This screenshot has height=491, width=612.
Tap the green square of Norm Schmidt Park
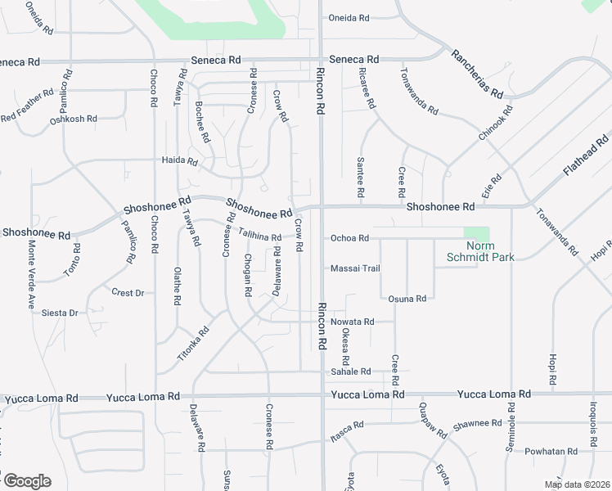476,233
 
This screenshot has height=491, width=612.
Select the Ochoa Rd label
350,238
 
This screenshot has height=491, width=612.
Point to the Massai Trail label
355,268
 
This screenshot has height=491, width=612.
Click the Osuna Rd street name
407,299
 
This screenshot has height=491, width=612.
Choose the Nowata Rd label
352,322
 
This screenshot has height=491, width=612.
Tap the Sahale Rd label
350,372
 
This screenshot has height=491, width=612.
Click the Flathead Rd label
587,156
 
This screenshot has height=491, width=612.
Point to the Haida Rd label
180,161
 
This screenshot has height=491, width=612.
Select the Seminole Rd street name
511,426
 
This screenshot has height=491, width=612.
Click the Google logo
27,481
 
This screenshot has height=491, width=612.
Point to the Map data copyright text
577,484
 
